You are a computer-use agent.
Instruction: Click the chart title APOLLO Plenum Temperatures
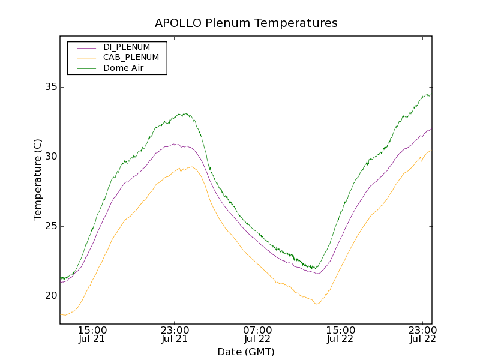pyautogui.click(x=246, y=23)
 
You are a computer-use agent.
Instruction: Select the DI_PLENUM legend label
pyautogui.click(x=127, y=47)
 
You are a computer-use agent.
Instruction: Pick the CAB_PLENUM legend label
pyautogui.click(x=131, y=58)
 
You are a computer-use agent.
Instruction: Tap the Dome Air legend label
pyautogui.click(x=124, y=68)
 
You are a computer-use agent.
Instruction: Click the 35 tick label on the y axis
pyautogui.click(x=50, y=87)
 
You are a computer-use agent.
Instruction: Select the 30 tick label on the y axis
pyautogui.click(x=50, y=157)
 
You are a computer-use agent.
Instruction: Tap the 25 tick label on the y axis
pyautogui.click(x=50, y=226)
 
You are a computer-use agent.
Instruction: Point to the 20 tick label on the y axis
pyautogui.click(x=50, y=296)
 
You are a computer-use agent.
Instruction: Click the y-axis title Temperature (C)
pyautogui.click(x=38, y=179)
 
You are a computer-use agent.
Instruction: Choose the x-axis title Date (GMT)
pyautogui.click(x=246, y=352)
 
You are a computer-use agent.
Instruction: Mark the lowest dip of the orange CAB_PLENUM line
pyautogui.click(x=317, y=304)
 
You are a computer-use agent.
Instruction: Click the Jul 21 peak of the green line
pyautogui.click(x=187, y=113)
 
